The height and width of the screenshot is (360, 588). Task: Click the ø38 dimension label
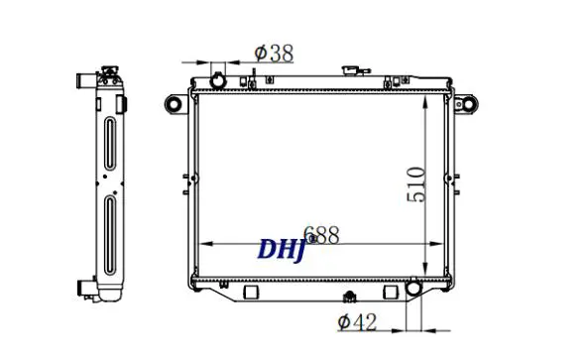pyautogui.click(x=274, y=54)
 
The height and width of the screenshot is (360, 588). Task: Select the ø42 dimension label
pyautogui.click(x=357, y=322)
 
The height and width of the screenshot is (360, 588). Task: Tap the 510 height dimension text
pyautogui.click(x=415, y=184)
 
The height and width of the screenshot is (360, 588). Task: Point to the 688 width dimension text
pyautogui.click(x=321, y=235)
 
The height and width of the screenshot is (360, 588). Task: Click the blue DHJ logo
pyautogui.click(x=282, y=249)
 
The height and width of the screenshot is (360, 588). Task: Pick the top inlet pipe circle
pyautogui.click(x=218, y=81)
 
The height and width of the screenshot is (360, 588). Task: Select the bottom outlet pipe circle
pyautogui.click(x=414, y=288)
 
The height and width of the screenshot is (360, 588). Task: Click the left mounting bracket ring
pyautogui.click(x=174, y=103)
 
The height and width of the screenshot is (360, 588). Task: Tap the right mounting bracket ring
pyautogui.click(x=469, y=103)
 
